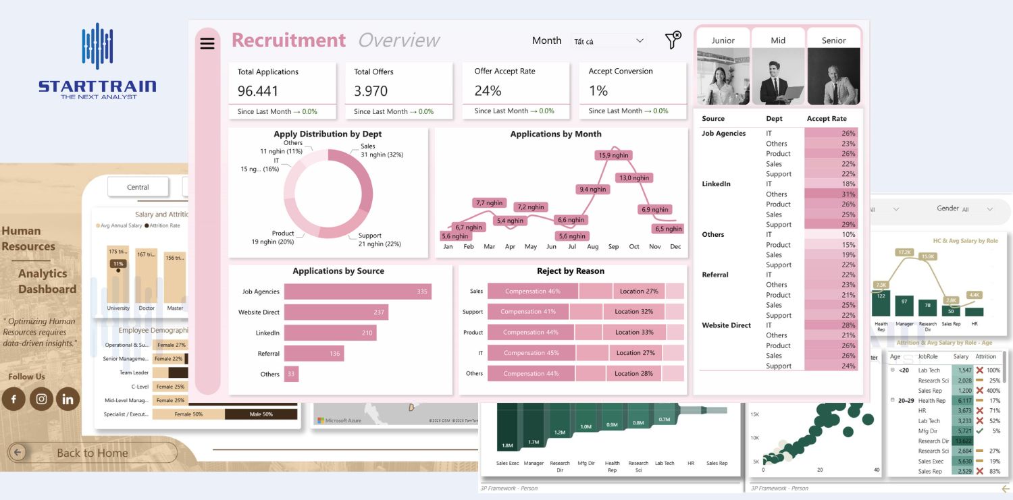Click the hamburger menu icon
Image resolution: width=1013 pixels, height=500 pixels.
tap(207, 43)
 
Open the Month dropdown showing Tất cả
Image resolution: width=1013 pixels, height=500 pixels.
tap(608, 41)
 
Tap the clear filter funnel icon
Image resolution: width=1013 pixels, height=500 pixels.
tap(673, 40)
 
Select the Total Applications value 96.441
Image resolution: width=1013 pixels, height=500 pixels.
tap(258, 91)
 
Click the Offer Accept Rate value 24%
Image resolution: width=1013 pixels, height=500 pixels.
tap(488, 91)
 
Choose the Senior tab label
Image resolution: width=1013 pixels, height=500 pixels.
tap(833, 40)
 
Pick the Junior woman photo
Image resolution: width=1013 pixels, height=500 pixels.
tap(723, 76)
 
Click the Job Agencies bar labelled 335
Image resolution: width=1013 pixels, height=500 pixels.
tap(357, 291)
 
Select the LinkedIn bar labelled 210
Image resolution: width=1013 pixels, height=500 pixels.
tap(330, 333)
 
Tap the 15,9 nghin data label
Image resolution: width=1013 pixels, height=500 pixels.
tap(613, 155)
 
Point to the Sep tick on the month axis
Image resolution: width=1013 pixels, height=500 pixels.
tap(613, 247)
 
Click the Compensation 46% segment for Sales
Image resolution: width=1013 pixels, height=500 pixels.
tap(532, 291)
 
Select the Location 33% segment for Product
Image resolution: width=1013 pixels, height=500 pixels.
tap(638, 332)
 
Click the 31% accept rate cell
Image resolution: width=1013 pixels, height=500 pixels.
tap(831, 194)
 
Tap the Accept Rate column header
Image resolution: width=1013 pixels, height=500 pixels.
tap(827, 119)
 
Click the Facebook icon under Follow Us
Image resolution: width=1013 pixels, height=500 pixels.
tap(14, 399)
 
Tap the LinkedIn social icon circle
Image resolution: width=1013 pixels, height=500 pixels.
tap(68, 399)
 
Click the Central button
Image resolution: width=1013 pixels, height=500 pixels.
tap(138, 187)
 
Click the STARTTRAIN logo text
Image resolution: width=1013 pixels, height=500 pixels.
tap(97, 86)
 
